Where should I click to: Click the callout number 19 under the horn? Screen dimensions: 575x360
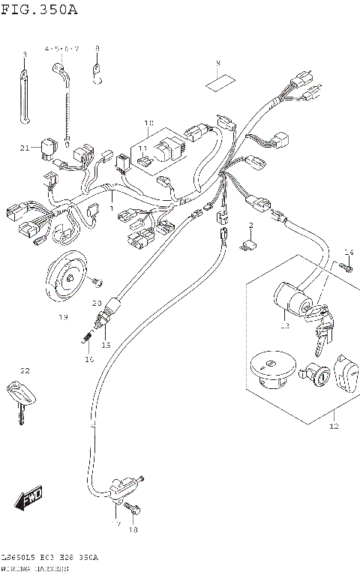click(63, 316)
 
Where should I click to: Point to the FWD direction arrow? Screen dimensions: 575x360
click(31, 497)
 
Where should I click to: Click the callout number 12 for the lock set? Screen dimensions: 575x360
click(334, 426)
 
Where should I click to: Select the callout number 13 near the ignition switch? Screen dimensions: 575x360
click(284, 325)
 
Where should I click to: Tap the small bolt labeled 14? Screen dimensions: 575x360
click(347, 267)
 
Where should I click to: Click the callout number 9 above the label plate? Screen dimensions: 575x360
click(218, 63)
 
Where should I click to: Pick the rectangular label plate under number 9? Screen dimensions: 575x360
click(218, 82)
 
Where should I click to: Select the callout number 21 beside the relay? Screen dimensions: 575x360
click(25, 148)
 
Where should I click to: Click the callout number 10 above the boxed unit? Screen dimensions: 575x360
click(148, 123)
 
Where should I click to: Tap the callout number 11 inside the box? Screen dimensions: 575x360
click(142, 149)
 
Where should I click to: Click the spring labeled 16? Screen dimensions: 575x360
click(86, 340)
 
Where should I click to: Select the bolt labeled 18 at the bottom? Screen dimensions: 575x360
click(134, 511)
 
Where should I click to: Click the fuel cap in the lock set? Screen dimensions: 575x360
click(268, 370)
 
